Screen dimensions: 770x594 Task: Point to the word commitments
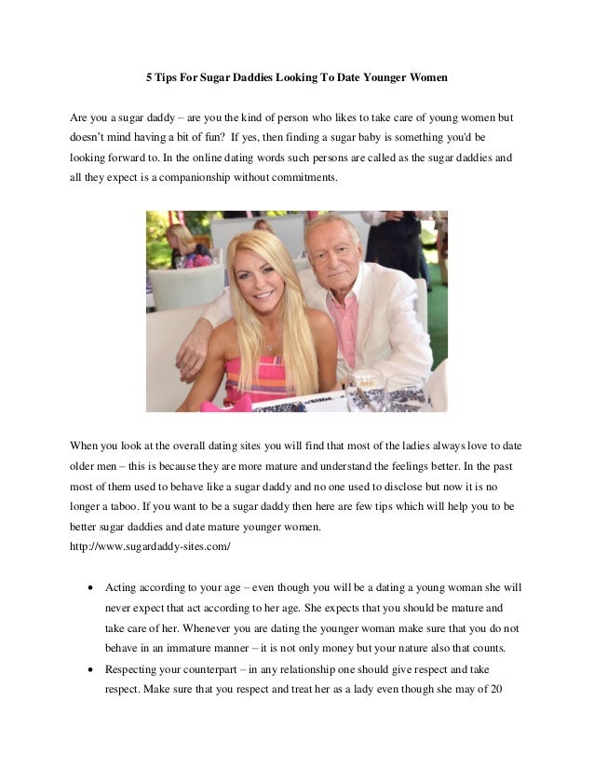click(298, 175)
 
